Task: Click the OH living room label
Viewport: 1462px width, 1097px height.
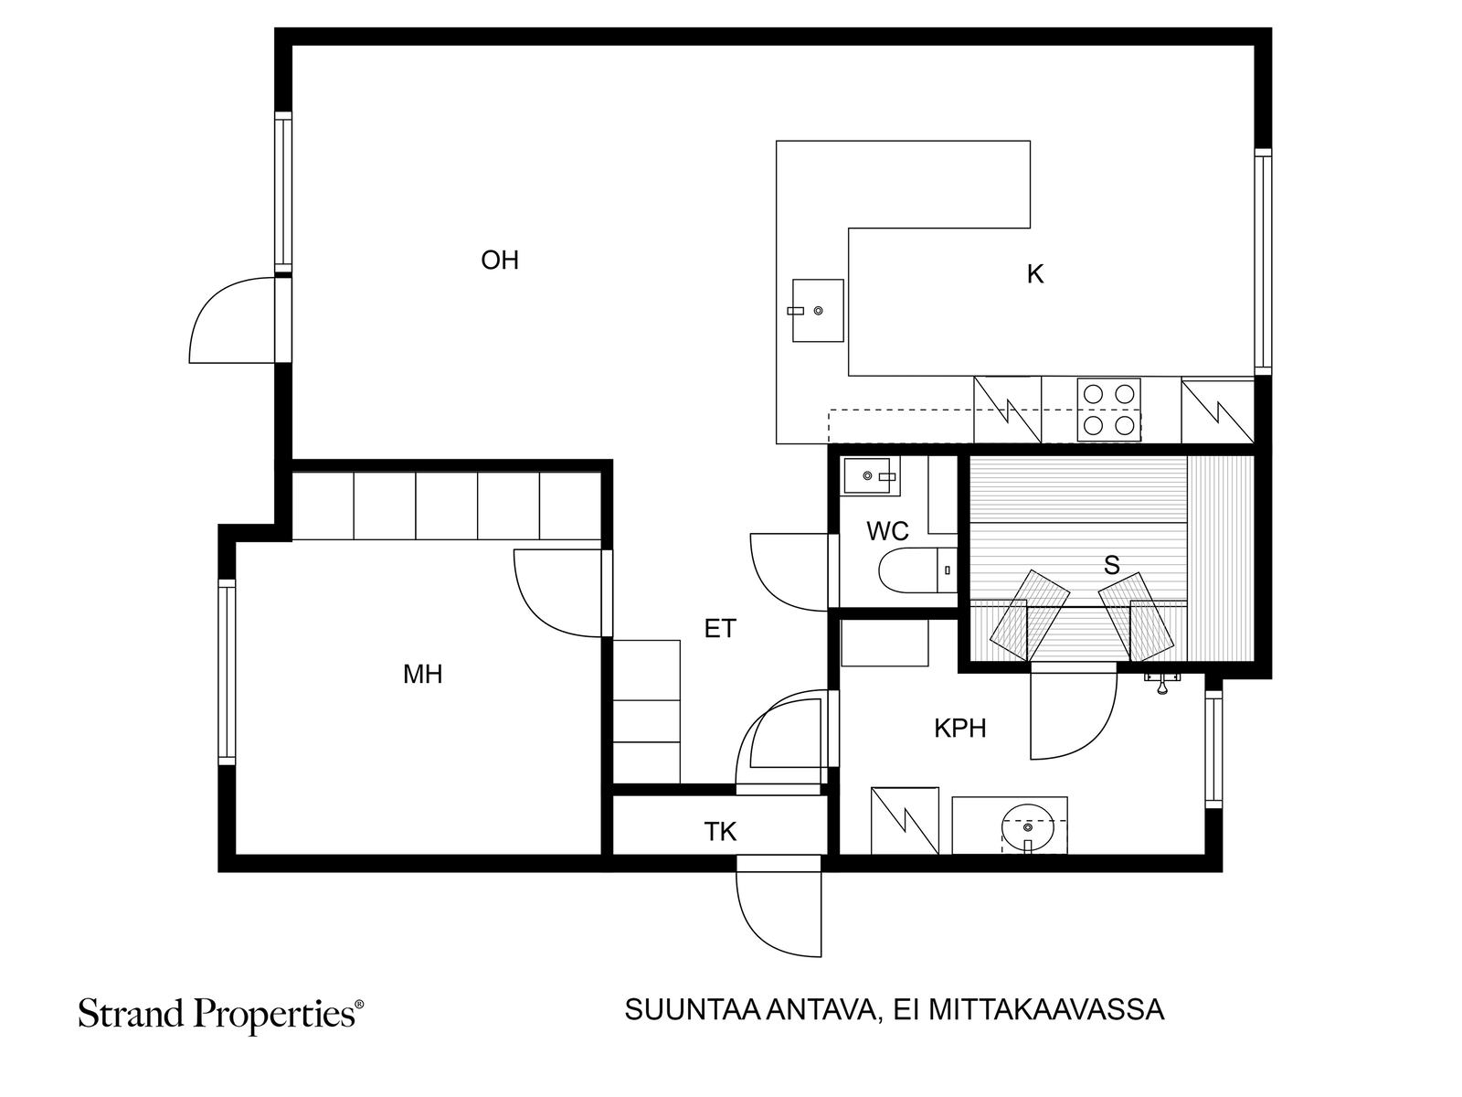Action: [x=500, y=260]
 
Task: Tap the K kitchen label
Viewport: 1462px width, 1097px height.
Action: [x=1034, y=273]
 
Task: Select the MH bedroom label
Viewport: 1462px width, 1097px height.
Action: [x=422, y=674]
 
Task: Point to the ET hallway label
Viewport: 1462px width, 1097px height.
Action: [x=720, y=628]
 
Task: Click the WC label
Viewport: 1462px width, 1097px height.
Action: [x=887, y=531]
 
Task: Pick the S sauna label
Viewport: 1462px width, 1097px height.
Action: [x=1112, y=565]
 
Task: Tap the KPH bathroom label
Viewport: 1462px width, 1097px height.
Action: [x=959, y=728]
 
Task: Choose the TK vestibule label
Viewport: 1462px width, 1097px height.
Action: [x=720, y=831]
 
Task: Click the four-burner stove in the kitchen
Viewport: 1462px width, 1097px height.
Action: [x=1109, y=409]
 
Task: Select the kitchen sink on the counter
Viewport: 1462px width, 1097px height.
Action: [x=817, y=311]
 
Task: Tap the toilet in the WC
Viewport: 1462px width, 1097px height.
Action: [x=917, y=570]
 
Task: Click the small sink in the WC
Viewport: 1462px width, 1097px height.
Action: [x=870, y=475]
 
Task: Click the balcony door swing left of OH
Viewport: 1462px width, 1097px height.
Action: [x=232, y=320]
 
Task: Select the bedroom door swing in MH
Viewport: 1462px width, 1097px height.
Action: [x=558, y=592]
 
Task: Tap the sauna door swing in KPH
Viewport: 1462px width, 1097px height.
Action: [x=1074, y=716]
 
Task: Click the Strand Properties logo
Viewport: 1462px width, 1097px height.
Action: [x=221, y=1015]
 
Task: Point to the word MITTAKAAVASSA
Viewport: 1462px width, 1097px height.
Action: [x=1046, y=1010]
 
